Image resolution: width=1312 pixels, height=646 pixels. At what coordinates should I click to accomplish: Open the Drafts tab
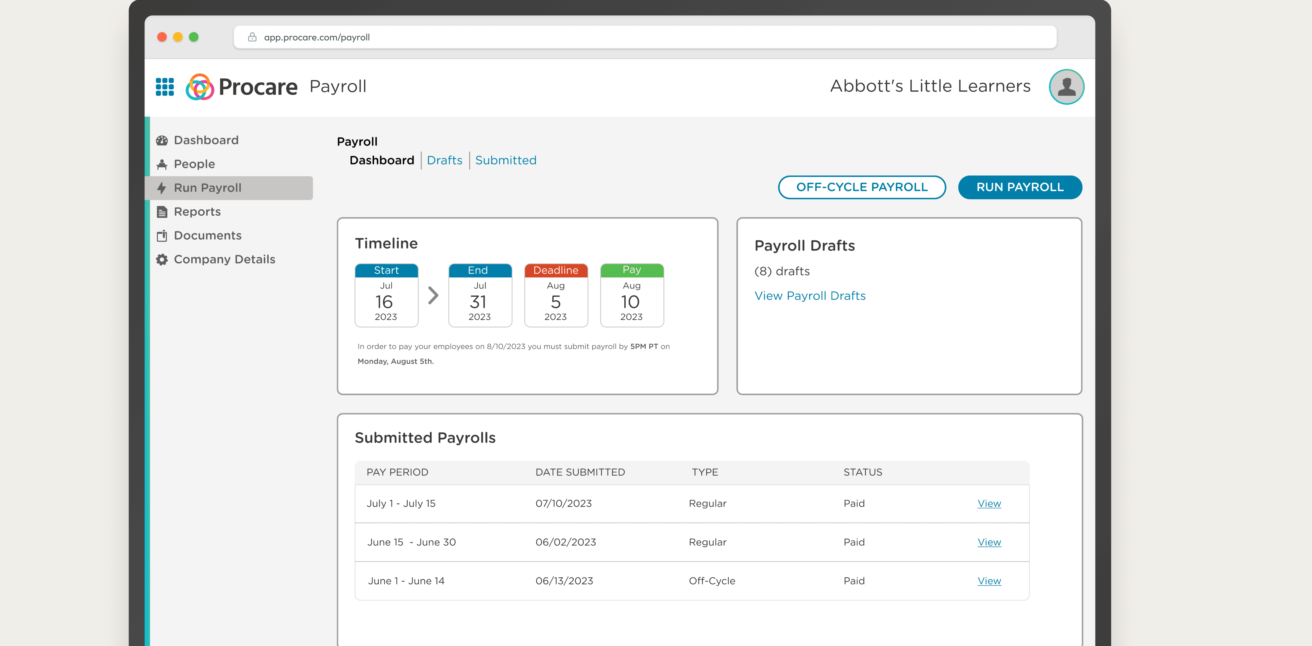pos(444,160)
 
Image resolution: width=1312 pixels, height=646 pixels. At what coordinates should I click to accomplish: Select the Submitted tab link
pos(505,160)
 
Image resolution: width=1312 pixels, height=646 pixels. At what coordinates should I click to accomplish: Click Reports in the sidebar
pos(197,212)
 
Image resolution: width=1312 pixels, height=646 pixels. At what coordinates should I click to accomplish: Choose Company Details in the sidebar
pos(224,259)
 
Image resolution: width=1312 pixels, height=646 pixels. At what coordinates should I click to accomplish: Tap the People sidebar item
pos(194,164)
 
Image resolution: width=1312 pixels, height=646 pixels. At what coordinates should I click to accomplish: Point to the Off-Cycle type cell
pos(711,581)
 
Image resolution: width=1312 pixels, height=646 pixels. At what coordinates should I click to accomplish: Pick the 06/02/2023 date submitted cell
pos(565,542)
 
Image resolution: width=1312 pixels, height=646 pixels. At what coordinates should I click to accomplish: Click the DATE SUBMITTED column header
pos(580,472)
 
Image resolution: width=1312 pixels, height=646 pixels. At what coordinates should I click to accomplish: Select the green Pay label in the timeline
pos(632,270)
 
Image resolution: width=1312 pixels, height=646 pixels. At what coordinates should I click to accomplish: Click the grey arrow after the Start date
pos(433,295)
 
